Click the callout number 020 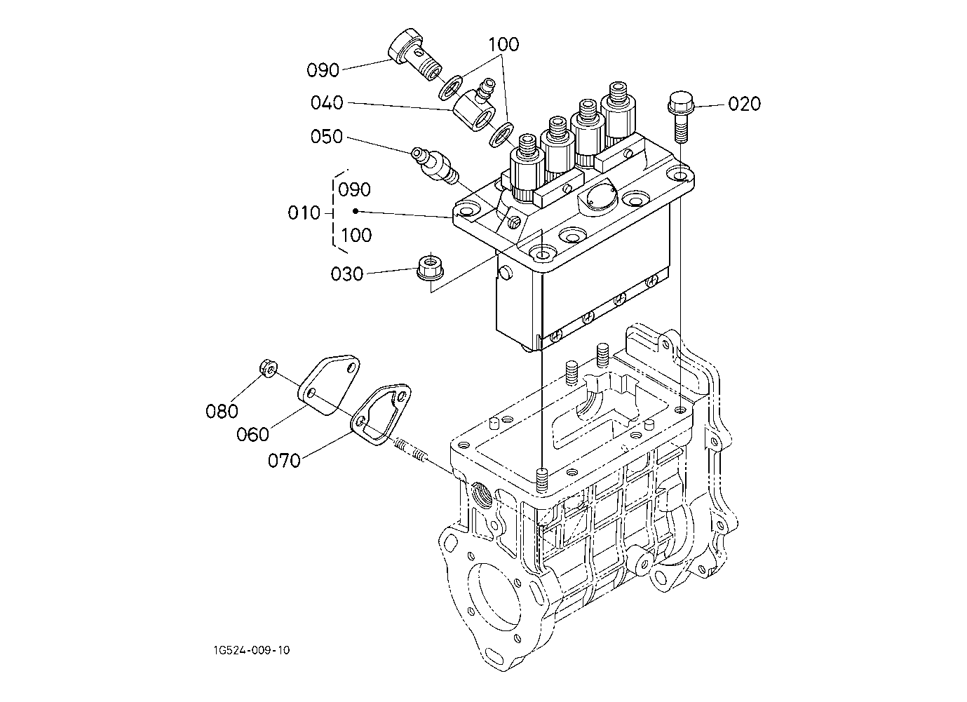[744, 104]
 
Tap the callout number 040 [327, 103]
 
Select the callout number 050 [326, 137]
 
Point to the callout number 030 [346, 274]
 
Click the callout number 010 [304, 213]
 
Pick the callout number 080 [222, 411]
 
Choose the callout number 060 [252, 434]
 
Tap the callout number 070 [284, 461]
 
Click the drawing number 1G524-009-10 [252, 650]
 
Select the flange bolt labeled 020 [679, 116]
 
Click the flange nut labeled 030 [428, 268]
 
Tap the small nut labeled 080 [268, 368]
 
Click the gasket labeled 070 [380, 414]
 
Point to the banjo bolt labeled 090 [113, 55]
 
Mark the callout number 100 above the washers [503, 44]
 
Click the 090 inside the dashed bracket [354, 189]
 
